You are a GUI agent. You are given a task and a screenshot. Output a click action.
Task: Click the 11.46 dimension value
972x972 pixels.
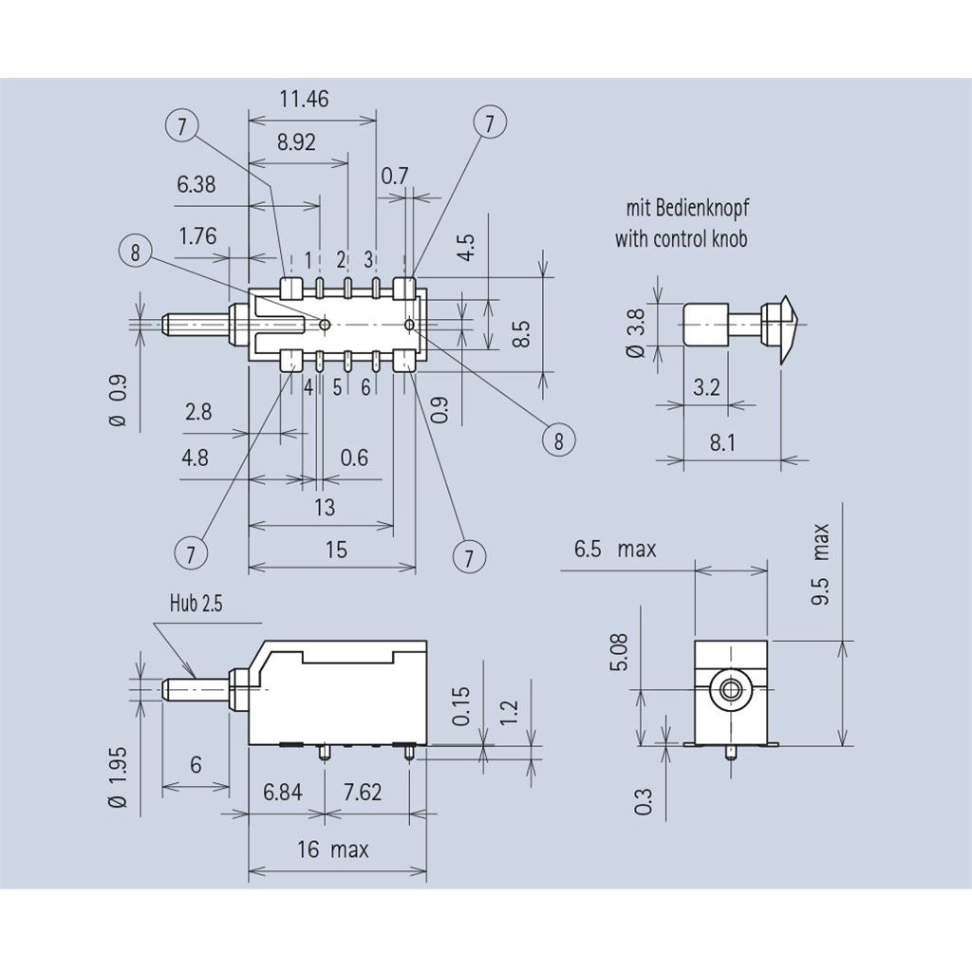(x=304, y=99)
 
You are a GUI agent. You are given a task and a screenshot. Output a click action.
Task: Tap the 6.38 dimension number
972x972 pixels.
(x=196, y=184)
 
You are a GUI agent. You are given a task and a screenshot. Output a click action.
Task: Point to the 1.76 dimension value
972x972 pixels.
(x=197, y=236)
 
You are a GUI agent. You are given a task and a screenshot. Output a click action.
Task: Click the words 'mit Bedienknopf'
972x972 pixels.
(x=680, y=208)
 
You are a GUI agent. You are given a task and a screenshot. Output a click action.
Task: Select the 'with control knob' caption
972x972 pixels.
(x=681, y=238)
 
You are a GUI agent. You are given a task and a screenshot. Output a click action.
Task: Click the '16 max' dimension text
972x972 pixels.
(x=332, y=849)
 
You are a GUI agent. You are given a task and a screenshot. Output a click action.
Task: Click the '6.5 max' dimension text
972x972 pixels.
(x=614, y=549)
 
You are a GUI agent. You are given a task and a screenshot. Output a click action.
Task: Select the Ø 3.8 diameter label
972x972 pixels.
(x=636, y=334)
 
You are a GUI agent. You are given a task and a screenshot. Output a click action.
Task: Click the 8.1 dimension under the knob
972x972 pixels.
(x=722, y=442)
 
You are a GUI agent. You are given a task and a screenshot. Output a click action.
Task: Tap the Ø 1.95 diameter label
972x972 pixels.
(x=118, y=776)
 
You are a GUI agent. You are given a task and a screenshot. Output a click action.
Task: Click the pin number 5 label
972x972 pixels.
(x=337, y=387)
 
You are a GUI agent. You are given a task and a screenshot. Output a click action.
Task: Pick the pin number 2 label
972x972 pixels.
(x=340, y=260)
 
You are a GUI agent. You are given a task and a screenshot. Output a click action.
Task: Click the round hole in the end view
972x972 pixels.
(x=729, y=690)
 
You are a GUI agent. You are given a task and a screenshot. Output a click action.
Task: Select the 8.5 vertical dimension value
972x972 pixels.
(x=520, y=334)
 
